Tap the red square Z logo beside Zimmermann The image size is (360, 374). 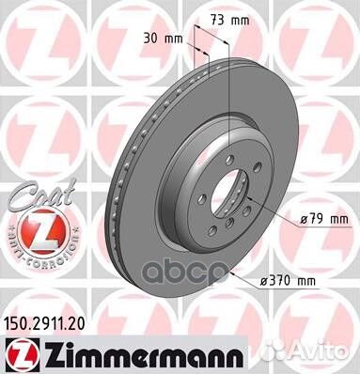(21, 349)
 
